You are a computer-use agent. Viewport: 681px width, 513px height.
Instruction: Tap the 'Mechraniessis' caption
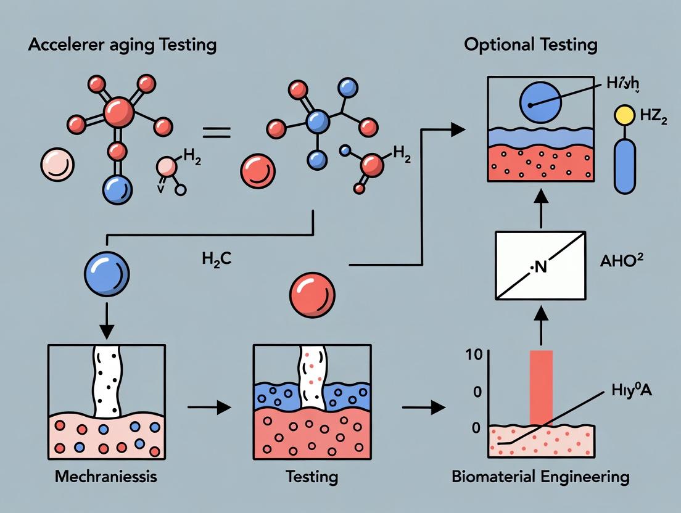pos(106,477)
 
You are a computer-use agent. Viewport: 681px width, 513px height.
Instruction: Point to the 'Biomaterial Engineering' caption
pos(549,477)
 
